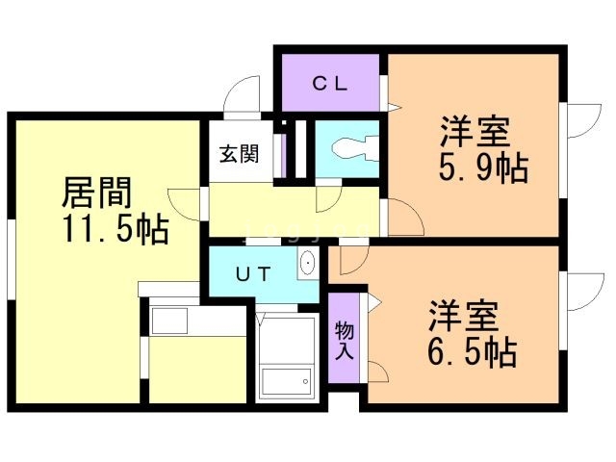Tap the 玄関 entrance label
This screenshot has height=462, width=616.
click(237, 153)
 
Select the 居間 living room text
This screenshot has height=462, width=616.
click(96, 193)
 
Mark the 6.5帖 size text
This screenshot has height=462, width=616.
click(472, 352)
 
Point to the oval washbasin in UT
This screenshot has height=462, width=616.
click(308, 264)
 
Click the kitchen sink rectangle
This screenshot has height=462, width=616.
click(172, 320)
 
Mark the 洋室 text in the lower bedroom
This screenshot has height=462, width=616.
click(462, 316)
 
